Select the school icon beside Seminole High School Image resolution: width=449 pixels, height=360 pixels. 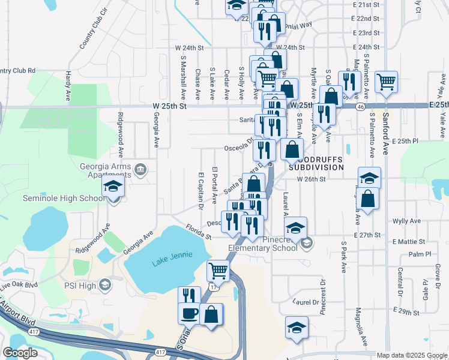point(113,187)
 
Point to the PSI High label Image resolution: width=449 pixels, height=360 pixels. point(80,285)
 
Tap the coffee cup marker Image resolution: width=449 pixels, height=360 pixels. point(190,314)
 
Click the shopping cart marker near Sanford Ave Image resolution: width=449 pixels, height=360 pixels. point(386,82)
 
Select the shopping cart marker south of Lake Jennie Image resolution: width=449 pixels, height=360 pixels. point(218,271)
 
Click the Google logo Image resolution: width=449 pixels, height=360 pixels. point(20,353)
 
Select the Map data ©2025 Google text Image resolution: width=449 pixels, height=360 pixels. point(411,355)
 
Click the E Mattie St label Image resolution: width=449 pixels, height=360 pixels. point(408,242)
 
